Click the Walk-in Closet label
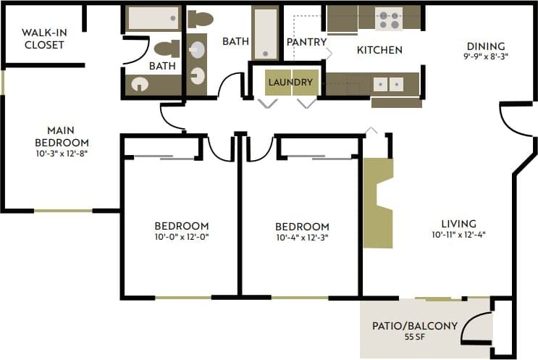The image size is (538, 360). pyautogui.click(x=43, y=38)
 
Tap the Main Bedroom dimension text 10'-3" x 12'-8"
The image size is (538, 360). pyautogui.click(x=63, y=153)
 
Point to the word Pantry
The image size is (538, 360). pyautogui.click(x=306, y=42)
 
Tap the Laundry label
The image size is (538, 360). pyautogui.click(x=290, y=82)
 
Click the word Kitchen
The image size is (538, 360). pyautogui.click(x=379, y=50)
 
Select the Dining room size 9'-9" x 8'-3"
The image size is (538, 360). pyautogui.click(x=486, y=57)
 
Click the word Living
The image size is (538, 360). pyautogui.click(x=459, y=223)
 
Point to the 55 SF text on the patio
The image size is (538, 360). pyautogui.click(x=415, y=337)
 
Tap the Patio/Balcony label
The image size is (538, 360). pyautogui.click(x=415, y=325)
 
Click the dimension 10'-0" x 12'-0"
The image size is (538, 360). pyautogui.click(x=182, y=237)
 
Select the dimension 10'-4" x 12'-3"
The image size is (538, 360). pyautogui.click(x=303, y=238)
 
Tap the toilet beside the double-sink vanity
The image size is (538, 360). pyautogui.click(x=200, y=18)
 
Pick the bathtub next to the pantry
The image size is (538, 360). pyautogui.click(x=265, y=33)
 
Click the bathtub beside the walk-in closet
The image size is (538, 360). pyautogui.click(x=153, y=18)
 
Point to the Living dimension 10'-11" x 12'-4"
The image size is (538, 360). pyautogui.click(x=458, y=235)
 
